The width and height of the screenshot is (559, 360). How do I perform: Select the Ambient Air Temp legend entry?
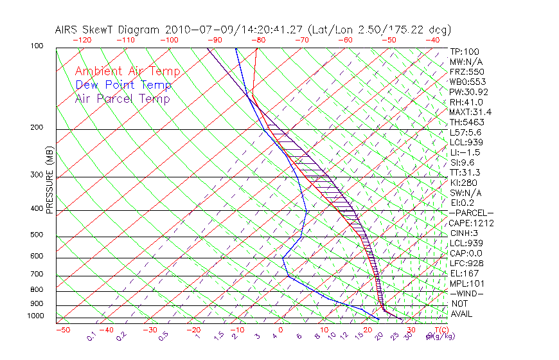[127, 71]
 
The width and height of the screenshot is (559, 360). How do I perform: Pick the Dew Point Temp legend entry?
[123, 85]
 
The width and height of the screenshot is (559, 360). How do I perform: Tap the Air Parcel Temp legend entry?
[122, 98]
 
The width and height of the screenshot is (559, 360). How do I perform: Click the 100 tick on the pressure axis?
[37, 46]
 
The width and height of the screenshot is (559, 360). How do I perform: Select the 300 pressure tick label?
[37, 175]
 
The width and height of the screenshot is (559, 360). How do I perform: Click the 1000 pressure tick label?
[35, 316]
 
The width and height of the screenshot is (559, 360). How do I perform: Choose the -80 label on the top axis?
[258, 40]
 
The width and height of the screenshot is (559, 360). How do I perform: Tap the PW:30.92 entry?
[466, 92]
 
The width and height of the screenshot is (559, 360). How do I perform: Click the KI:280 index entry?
[463, 183]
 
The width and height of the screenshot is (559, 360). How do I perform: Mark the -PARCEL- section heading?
[471, 213]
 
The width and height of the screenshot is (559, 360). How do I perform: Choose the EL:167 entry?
[462, 273]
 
